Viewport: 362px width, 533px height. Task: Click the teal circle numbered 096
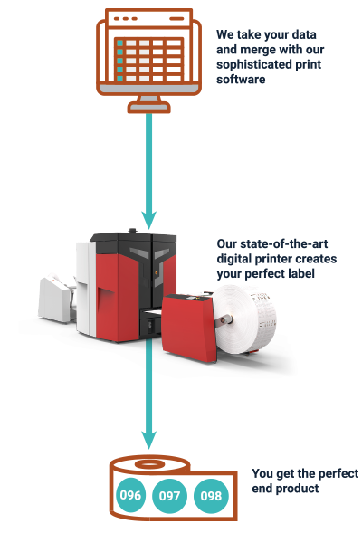[x=130, y=495]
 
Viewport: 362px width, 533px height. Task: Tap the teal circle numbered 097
[x=169, y=496]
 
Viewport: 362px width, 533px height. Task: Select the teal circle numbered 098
[x=211, y=496]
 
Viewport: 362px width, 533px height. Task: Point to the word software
[x=241, y=80]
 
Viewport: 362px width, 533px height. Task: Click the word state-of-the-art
[x=271, y=243]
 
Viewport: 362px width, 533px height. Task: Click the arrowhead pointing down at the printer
[x=148, y=220]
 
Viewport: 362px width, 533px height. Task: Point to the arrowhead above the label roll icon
[x=148, y=440]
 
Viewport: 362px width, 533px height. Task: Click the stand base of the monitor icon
[x=149, y=108]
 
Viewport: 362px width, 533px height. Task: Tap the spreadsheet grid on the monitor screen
[x=149, y=60]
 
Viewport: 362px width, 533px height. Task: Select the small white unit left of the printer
[x=54, y=300]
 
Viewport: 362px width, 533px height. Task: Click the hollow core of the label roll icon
[x=149, y=464]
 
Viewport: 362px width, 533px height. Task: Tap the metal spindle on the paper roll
[x=225, y=319]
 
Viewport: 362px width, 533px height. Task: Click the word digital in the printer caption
[x=236, y=259]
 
